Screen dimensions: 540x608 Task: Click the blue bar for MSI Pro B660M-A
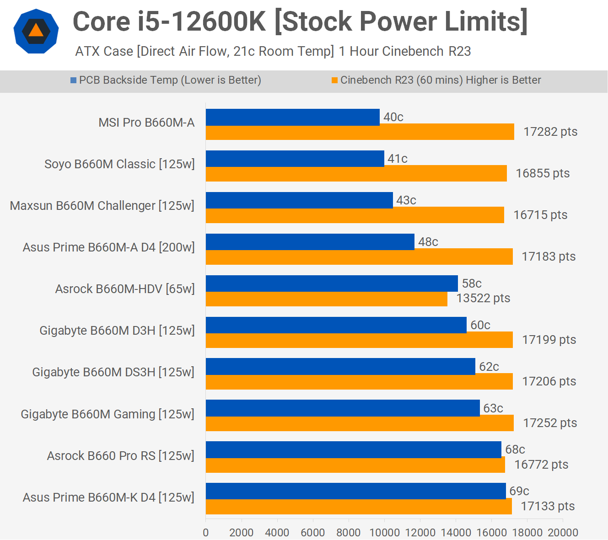point(293,117)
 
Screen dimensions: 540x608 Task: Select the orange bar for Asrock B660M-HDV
point(326,299)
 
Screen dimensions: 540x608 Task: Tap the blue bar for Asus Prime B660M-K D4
point(355,491)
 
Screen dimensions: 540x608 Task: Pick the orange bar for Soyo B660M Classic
point(356,174)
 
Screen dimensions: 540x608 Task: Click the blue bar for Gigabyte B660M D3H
point(336,325)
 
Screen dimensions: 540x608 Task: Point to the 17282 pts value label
point(550,132)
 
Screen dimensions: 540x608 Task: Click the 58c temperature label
point(472,283)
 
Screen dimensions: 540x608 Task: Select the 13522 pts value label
point(483,298)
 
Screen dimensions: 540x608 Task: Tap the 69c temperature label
point(519,491)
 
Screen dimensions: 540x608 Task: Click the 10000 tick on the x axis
point(384,532)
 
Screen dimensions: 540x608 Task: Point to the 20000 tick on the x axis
point(563,532)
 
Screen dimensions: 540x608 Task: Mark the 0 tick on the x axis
point(206,532)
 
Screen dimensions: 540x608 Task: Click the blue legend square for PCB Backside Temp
point(73,80)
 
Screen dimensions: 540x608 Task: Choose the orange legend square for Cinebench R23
point(334,80)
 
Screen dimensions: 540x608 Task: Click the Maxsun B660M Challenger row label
point(102,206)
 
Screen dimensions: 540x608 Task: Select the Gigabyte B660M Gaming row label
point(108,414)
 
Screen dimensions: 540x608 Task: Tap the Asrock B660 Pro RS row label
point(121,456)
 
